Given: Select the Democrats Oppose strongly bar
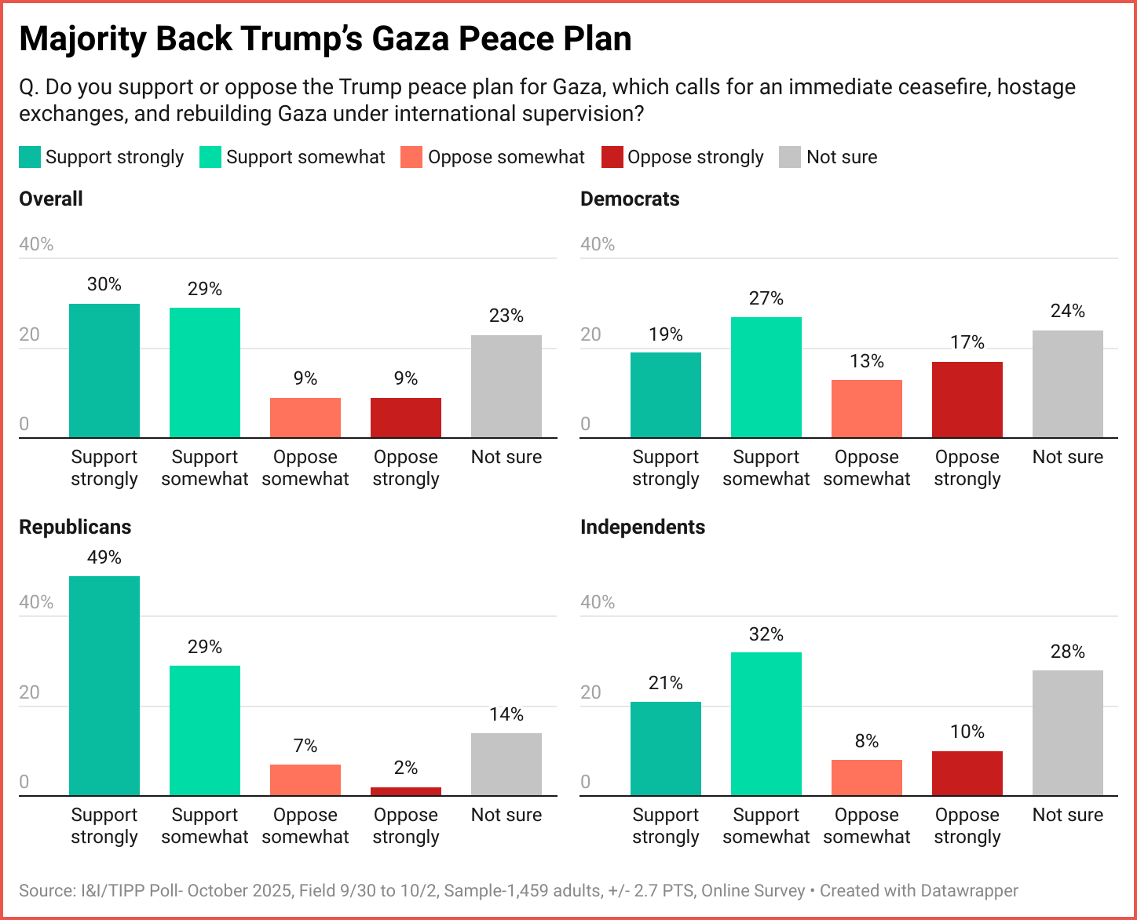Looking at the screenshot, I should (967, 400).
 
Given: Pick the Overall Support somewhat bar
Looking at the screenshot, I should (205, 372).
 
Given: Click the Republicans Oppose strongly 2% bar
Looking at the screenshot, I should (406, 791).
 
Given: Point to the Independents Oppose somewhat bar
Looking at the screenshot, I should (866, 777).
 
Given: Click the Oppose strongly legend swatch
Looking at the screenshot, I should (612, 157).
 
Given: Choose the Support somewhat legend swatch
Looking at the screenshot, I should (210, 157).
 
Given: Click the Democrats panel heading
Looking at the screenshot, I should (630, 199).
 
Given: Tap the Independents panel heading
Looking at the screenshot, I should (642, 527).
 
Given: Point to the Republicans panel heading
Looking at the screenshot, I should (75, 527).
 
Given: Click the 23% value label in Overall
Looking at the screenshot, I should (506, 316).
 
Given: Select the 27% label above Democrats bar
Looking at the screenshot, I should (766, 298).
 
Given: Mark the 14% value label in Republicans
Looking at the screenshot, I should (506, 714).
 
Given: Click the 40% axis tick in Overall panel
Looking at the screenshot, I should (36, 244).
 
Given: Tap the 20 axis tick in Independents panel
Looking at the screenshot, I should (590, 692).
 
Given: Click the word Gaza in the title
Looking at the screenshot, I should (410, 38).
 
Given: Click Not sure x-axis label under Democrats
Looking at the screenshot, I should (1067, 457).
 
